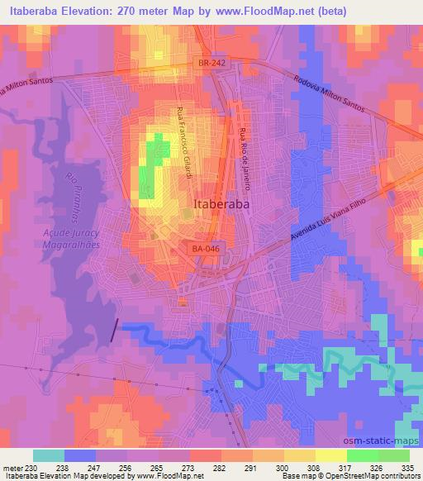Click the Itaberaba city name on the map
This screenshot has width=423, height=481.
[222, 203]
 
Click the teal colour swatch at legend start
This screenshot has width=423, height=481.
[48, 455]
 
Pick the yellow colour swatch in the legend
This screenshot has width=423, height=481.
[330, 455]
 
